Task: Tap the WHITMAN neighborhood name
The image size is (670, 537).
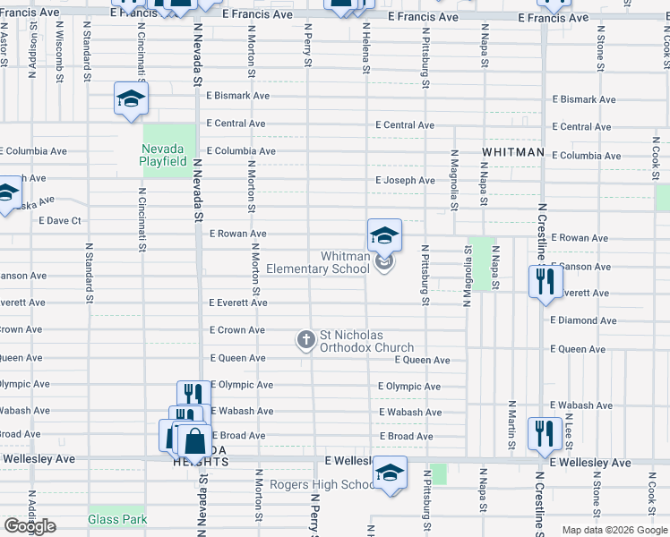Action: pos(512,153)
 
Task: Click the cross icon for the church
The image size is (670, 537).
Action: pos(305,339)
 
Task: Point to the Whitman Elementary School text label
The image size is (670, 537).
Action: pos(345,262)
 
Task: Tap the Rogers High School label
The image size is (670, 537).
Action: pos(310,485)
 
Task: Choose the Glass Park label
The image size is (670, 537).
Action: pos(117,519)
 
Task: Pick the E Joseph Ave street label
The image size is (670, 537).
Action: pos(405,181)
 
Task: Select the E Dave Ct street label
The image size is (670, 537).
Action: pos(60,220)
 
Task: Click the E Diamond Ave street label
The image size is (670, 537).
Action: pos(583,320)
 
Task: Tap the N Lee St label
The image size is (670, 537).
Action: pos(569,432)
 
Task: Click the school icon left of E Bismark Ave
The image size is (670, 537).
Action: pos(131,99)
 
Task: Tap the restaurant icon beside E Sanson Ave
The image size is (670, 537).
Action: pos(545,282)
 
